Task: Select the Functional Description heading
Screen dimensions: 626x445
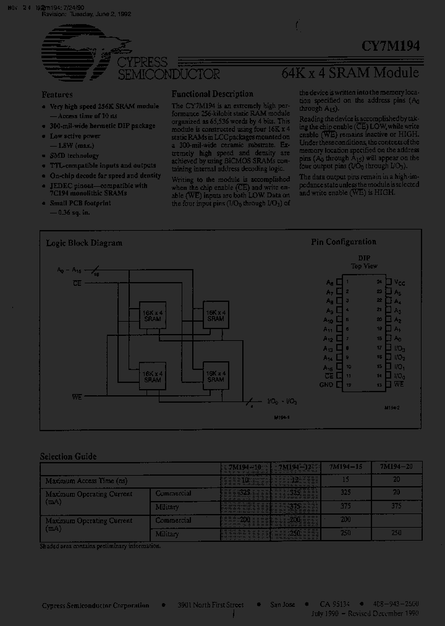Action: point(212,94)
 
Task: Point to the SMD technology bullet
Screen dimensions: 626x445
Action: point(74,156)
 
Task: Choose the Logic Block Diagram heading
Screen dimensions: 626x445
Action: point(84,243)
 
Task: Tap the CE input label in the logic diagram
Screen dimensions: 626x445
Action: point(77,282)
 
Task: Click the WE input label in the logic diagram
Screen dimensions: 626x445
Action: point(77,395)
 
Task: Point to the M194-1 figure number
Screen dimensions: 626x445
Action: point(282,417)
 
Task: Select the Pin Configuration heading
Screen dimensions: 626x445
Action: point(343,242)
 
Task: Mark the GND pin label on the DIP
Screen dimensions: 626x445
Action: point(326,385)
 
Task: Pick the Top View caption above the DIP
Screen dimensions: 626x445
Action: point(364,265)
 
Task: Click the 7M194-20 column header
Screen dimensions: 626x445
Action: point(396,468)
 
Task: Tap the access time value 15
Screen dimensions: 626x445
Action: point(345,481)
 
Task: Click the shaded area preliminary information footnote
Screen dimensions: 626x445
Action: point(100,546)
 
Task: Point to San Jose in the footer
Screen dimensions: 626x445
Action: point(282,604)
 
